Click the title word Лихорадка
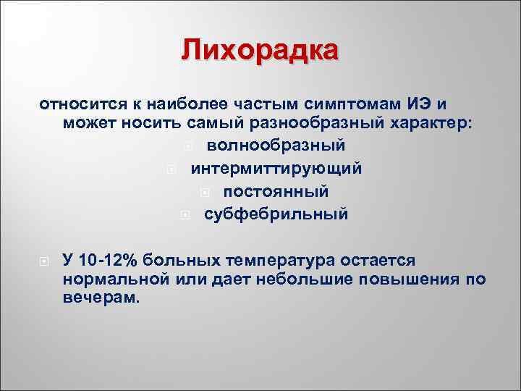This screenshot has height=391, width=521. click(260, 51)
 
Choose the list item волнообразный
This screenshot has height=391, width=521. click(276, 146)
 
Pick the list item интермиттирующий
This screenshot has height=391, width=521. click(276, 169)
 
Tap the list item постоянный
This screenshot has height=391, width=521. click(276, 192)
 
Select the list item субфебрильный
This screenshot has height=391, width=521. click(276, 214)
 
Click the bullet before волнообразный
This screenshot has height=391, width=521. click(187, 146)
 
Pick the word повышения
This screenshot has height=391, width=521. click(415, 279)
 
